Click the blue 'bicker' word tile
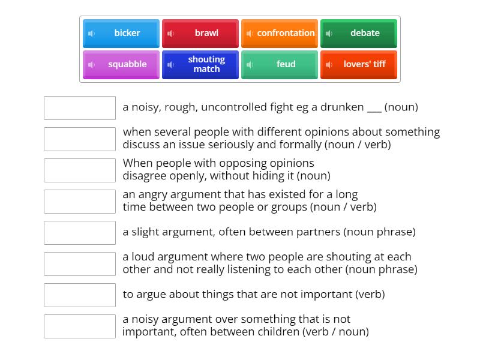pos(121,34)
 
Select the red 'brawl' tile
pos(200,34)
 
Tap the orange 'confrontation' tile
pos(280,34)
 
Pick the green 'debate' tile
pos(359,34)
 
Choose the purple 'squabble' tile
pos(121,65)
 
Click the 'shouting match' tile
pos(200,65)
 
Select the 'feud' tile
pos(280,65)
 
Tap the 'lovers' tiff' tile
pos(359,65)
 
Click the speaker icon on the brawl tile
pos(170,34)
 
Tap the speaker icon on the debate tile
pos(329,34)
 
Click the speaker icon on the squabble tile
pos(91,65)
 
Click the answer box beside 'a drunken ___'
pos(80,108)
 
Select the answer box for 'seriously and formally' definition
pos(80,139)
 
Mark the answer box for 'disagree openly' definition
pos(80,170)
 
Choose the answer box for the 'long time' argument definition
pos(80,202)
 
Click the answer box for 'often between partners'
pos(80,233)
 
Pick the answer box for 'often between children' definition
pos(80,326)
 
